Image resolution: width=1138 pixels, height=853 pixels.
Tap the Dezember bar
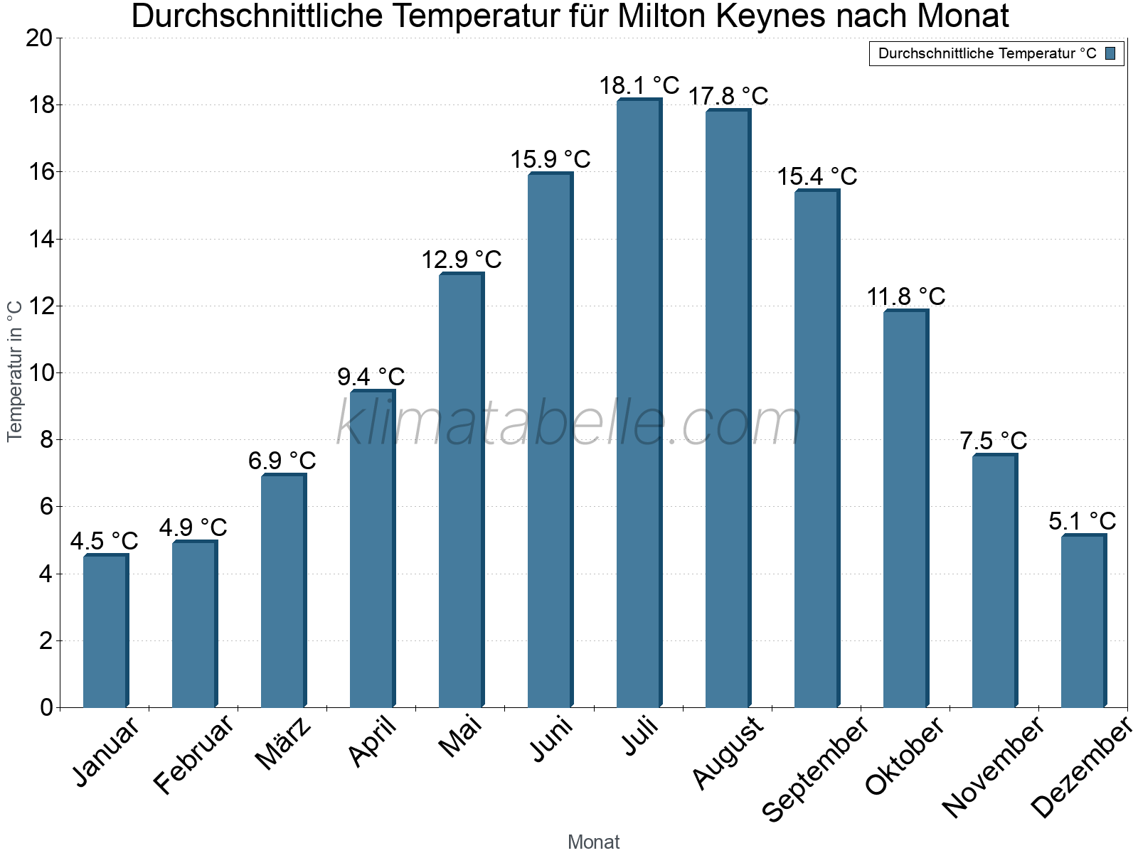click(x=1083, y=621)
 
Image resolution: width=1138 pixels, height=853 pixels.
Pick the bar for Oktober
click(x=905, y=509)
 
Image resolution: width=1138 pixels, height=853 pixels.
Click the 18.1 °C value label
click(x=639, y=86)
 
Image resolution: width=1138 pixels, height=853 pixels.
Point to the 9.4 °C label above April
click(x=371, y=377)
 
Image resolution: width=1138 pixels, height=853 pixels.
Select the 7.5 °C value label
click(x=994, y=441)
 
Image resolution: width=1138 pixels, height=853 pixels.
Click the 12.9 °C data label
click(x=461, y=260)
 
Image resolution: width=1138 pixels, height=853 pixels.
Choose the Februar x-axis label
click(x=193, y=753)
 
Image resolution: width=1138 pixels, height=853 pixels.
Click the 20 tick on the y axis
click(x=39, y=38)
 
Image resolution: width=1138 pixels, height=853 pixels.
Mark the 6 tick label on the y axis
click(x=46, y=507)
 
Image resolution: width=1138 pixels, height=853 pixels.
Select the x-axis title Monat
click(x=594, y=842)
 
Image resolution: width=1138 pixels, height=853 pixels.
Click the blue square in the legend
click(x=1111, y=53)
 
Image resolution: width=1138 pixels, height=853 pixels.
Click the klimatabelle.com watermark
click(x=569, y=424)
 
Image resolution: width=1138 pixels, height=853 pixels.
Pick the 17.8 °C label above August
click(x=728, y=97)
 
